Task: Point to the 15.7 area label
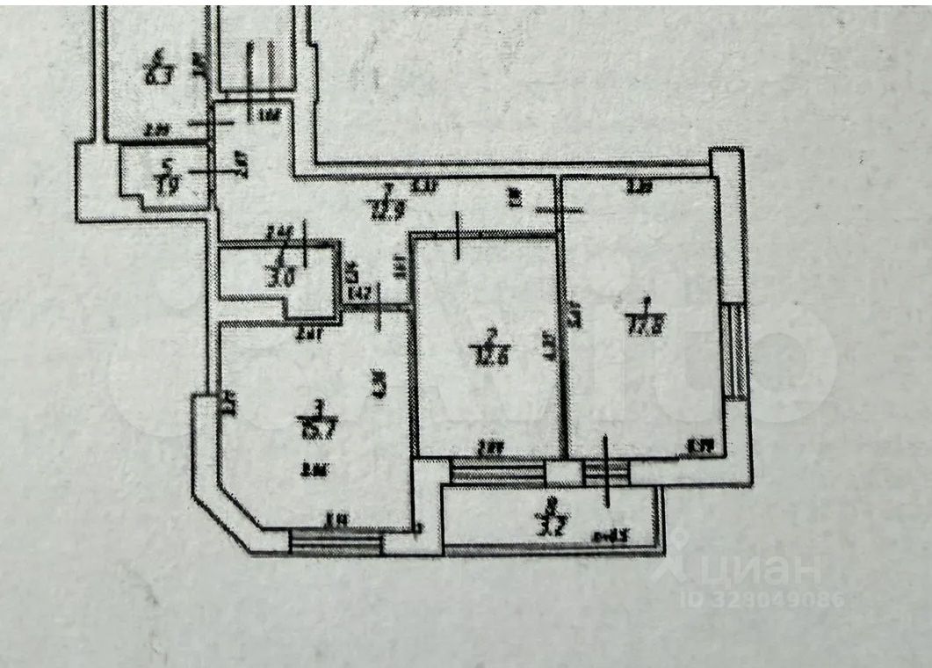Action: (318, 429)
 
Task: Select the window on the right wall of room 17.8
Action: (735, 350)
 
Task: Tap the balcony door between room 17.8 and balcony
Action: (606, 473)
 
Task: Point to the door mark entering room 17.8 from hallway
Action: (559, 210)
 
